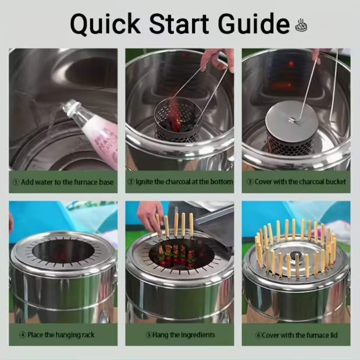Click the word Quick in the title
[105, 24]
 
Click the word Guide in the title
[254, 23]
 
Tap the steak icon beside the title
[301, 25]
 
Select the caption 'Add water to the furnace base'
[67, 182]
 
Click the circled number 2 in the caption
[131, 182]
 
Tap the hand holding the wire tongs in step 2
[217, 59]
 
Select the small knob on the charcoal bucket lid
[292, 120]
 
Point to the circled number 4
[23, 335]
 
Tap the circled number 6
[258, 335]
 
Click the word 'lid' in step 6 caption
[334, 335]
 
